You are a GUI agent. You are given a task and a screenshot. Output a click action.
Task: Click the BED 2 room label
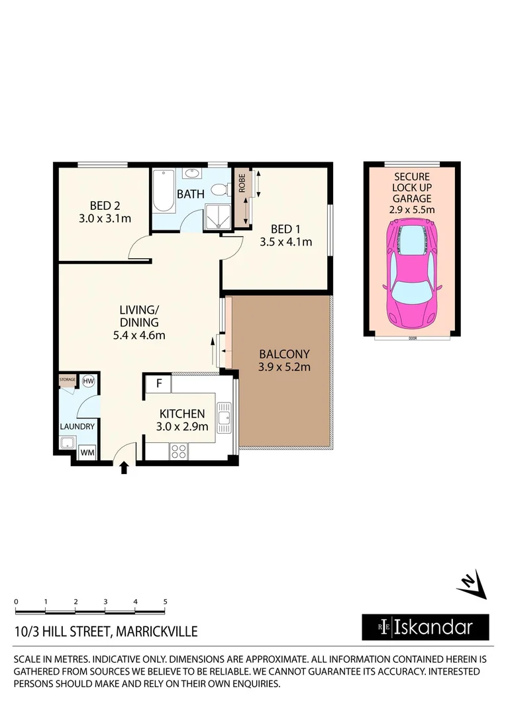tap(102, 205)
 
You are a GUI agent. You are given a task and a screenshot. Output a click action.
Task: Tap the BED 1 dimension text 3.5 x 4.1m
tap(285, 242)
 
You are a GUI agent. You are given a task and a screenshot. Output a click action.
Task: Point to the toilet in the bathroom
tap(218, 189)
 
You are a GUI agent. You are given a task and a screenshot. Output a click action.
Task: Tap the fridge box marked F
tap(159, 383)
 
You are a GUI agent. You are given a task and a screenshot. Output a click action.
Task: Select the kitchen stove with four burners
tap(179, 452)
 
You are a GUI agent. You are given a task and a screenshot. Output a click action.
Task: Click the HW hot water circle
tap(89, 381)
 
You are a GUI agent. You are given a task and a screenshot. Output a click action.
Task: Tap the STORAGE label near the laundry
tap(68, 380)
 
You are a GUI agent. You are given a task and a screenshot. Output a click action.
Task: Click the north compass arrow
tap(472, 584)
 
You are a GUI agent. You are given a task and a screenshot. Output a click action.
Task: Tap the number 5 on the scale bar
tap(165, 602)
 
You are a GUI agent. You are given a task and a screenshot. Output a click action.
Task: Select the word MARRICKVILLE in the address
tap(156, 632)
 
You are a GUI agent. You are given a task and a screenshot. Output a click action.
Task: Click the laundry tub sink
tap(68, 443)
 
